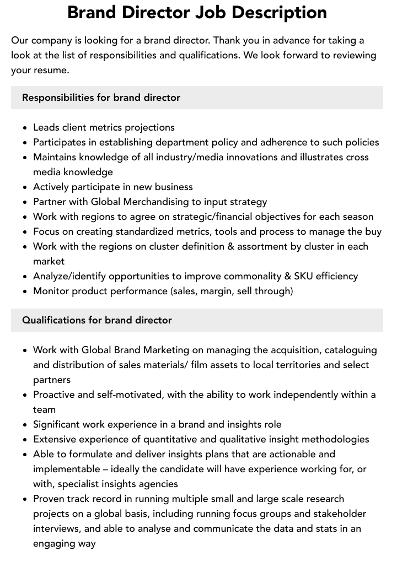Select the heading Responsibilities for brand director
(101, 98)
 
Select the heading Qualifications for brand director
(97, 320)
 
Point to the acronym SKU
(301, 276)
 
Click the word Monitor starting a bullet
(52, 291)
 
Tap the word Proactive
(56, 395)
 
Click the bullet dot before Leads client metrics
(25, 128)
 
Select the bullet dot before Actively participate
(25, 187)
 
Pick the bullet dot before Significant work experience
(25, 425)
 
